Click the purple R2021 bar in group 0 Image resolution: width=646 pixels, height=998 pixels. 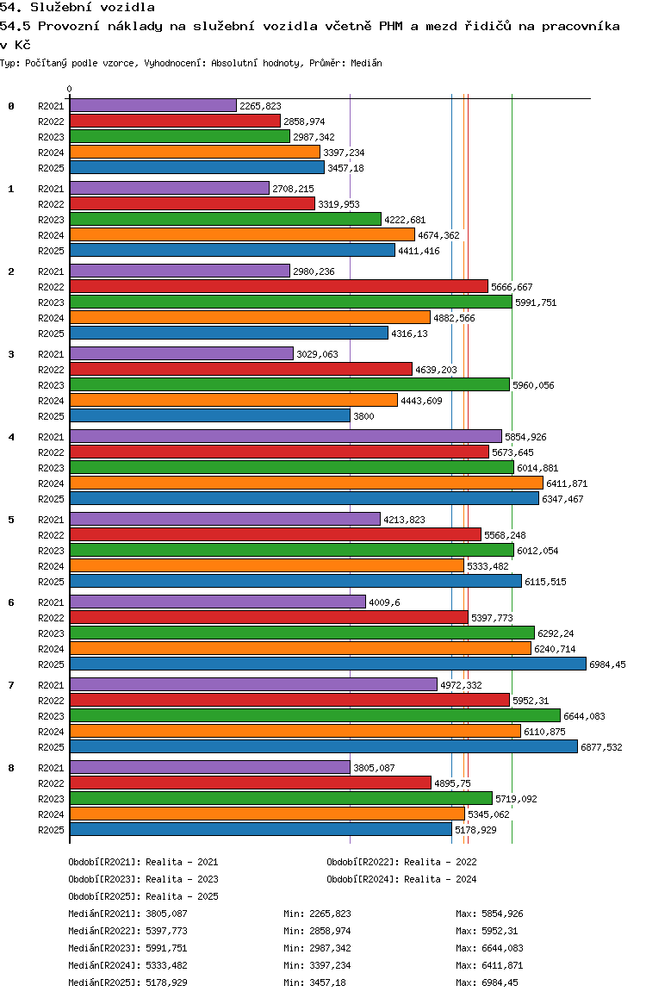(x=152, y=106)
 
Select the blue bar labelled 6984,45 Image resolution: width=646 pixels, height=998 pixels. (x=327, y=664)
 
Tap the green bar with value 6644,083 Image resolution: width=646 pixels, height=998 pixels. (x=314, y=716)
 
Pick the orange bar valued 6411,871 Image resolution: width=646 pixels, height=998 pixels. (x=306, y=483)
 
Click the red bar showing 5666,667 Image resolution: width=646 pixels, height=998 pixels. (x=278, y=287)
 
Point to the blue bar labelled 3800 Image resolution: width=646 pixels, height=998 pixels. (x=209, y=416)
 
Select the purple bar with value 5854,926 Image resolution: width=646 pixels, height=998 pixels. (x=285, y=437)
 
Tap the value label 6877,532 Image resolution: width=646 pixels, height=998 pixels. (x=601, y=747)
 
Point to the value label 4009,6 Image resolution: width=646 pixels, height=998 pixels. (x=384, y=602)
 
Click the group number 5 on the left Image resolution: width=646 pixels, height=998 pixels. (x=11, y=520)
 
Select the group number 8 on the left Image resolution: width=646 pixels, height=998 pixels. (x=11, y=768)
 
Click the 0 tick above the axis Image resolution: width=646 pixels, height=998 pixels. (x=70, y=90)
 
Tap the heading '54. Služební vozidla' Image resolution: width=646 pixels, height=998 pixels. (x=77, y=8)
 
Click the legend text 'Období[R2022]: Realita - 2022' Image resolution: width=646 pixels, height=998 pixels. (x=401, y=862)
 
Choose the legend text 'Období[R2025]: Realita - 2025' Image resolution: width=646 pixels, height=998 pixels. (x=143, y=896)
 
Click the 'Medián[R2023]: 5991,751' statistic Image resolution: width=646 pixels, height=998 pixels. (x=127, y=948)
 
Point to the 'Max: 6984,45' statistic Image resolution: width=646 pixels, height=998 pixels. (x=488, y=982)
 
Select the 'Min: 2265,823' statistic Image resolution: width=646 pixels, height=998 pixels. (x=317, y=914)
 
